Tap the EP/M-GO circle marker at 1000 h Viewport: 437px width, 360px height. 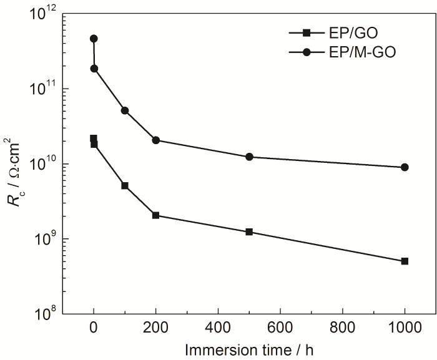pyautogui.click(x=405, y=167)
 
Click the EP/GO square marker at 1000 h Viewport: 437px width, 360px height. pyautogui.click(x=405, y=261)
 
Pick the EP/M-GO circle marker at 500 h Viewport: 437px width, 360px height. pyautogui.click(x=249, y=157)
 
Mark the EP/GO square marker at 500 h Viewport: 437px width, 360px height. pyautogui.click(x=249, y=232)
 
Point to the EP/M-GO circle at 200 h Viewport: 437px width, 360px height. pyautogui.click(x=156, y=140)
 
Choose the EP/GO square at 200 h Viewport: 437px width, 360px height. pyautogui.click(x=156, y=215)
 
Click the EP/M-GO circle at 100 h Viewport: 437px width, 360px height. pyautogui.click(x=125, y=110)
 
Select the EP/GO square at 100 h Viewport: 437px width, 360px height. pyautogui.click(x=125, y=186)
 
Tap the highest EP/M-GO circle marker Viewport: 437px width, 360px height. pyautogui.click(x=94, y=39)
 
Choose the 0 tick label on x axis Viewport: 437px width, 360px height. pyautogui.click(x=94, y=326)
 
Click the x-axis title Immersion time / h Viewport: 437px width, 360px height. pyautogui.click(x=248, y=349)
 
